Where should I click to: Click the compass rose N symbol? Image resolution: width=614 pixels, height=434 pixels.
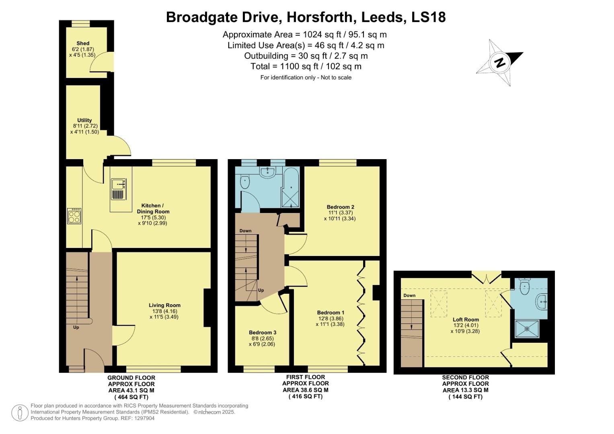point(500,63)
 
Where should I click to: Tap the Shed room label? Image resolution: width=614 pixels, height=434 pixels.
point(83,43)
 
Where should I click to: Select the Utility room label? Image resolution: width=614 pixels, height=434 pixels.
point(84,120)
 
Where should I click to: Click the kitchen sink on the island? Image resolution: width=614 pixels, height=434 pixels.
point(119,184)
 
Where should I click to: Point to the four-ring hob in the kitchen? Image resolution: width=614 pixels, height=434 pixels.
point(74,217)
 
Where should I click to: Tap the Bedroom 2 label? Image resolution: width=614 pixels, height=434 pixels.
point(340,207)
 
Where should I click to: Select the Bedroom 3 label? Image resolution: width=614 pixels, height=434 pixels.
point(262,333)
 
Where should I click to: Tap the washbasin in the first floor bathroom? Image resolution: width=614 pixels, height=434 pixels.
point(267,172)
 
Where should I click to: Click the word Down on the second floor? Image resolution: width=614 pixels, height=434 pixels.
point(409,296)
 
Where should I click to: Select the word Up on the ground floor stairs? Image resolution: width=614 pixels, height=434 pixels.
point(76,328)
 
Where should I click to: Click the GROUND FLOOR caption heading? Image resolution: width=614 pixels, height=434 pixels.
point(131,378)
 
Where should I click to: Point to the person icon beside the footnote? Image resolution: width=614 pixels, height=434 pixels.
point(20,412)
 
